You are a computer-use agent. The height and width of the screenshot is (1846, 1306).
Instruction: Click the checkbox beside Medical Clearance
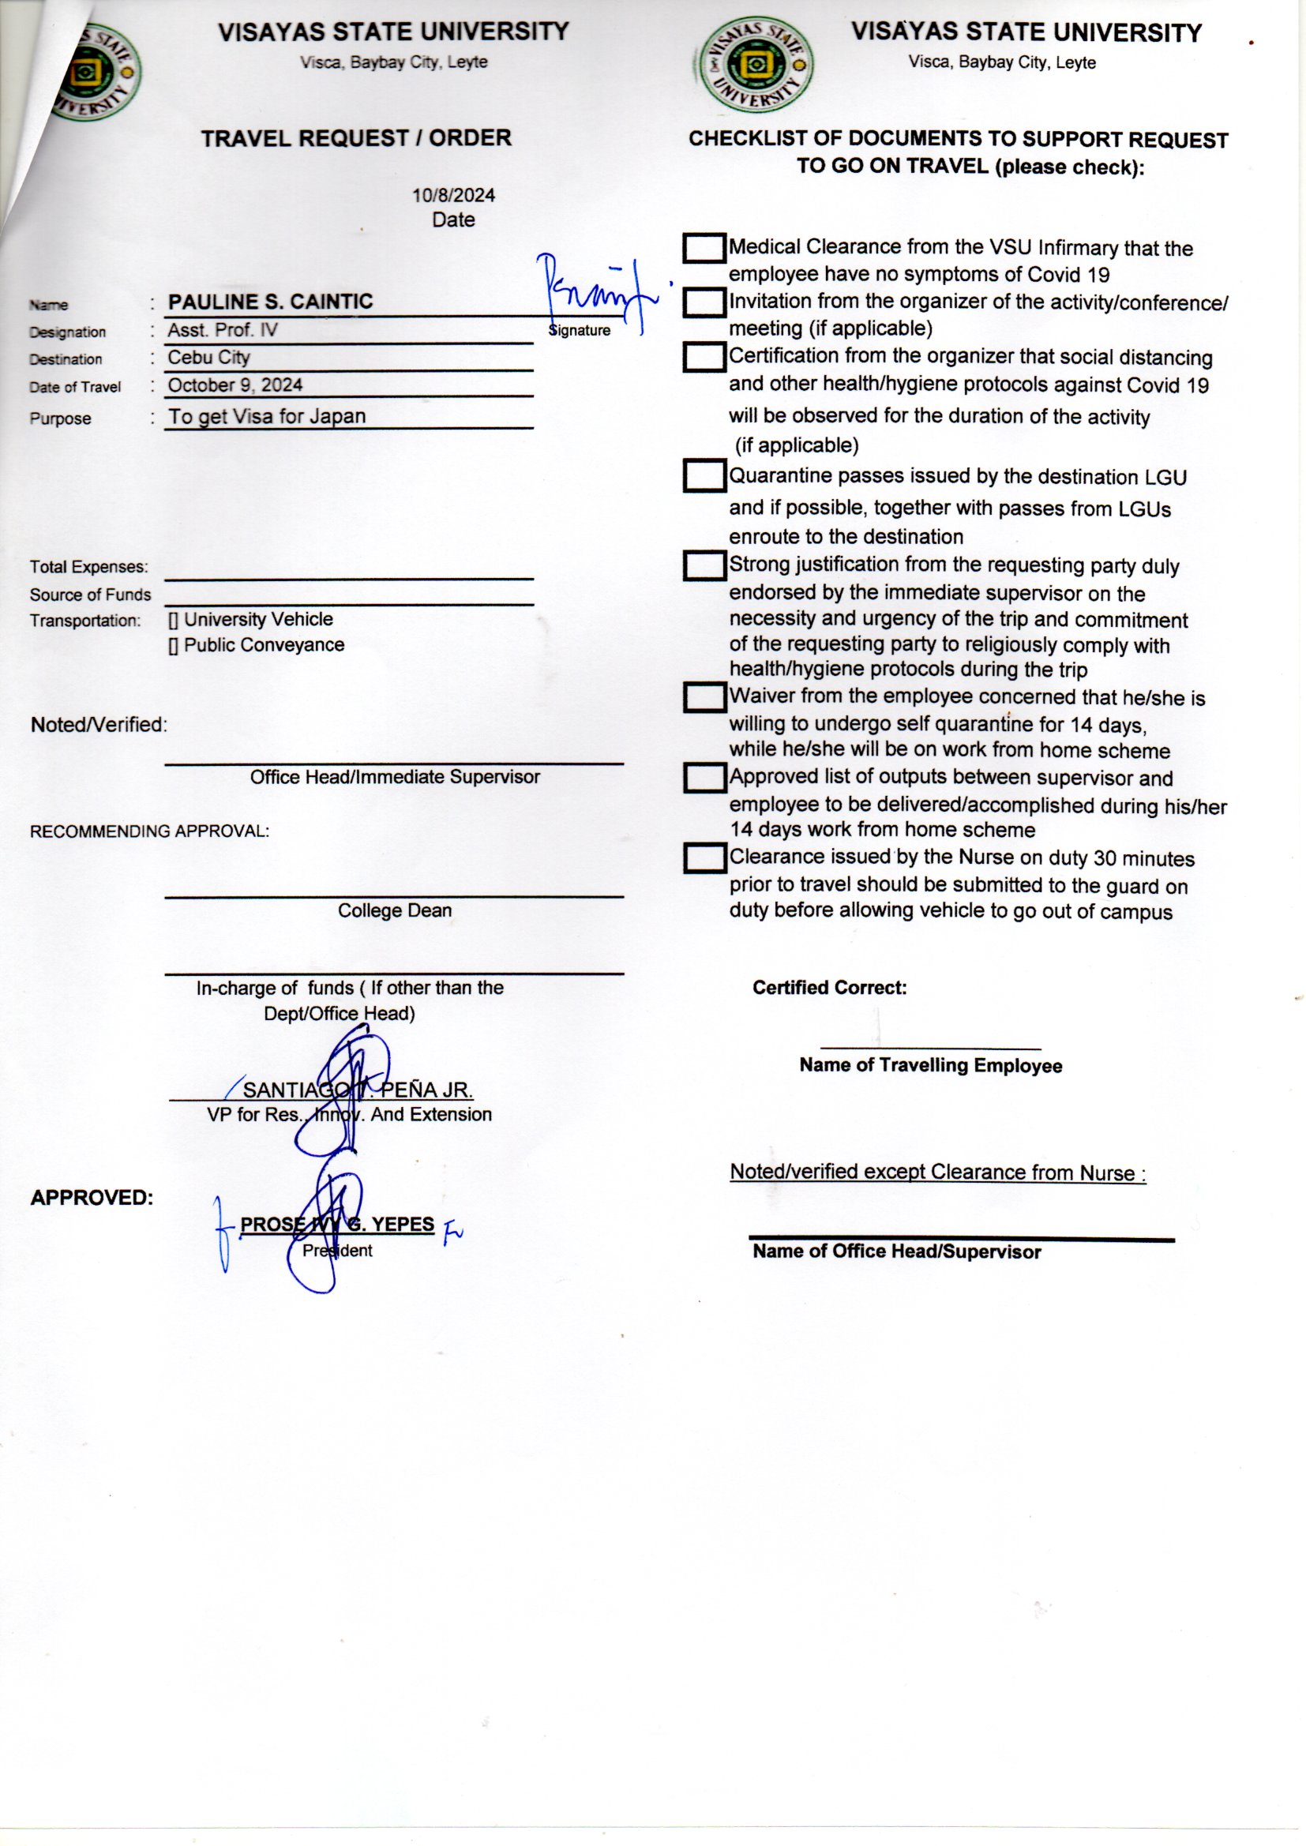[704, 249]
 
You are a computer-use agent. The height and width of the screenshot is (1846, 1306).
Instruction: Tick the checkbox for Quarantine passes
[704, 475]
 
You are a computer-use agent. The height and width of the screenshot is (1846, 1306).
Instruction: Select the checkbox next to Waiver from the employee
[704, 697]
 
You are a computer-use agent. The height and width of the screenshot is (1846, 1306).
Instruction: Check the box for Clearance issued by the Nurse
[704, 859]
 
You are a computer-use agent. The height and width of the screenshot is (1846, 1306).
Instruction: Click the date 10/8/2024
[453, 195]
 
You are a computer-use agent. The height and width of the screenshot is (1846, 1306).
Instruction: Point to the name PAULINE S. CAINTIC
[270, 302]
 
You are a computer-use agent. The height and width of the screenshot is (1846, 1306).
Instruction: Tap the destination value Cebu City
[208, 357]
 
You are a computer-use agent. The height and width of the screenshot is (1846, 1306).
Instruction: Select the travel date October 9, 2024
[235, 385]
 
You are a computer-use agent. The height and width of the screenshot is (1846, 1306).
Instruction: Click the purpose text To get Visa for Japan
[266, 416]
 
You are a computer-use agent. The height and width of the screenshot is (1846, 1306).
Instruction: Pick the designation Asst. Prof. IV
[222, 330]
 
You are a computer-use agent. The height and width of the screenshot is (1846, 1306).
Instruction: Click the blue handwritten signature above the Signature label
[595, 294]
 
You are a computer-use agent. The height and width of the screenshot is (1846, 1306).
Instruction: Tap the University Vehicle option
[251, 619]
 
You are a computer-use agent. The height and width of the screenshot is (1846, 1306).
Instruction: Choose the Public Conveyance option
[257, 645]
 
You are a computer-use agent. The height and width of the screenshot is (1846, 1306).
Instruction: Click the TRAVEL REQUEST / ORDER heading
[356, 138]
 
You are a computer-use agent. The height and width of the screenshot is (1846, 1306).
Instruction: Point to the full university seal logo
[756, 67]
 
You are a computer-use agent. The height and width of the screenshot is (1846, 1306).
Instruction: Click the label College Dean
[394, 910]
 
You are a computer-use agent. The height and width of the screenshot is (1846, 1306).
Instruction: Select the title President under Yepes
[337, 1250]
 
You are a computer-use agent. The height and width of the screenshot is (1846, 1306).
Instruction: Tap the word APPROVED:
[92, 1198]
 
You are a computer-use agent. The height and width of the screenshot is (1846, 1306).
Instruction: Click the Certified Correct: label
[829, 987]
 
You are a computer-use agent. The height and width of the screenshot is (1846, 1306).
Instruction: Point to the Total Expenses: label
[89, 567]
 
